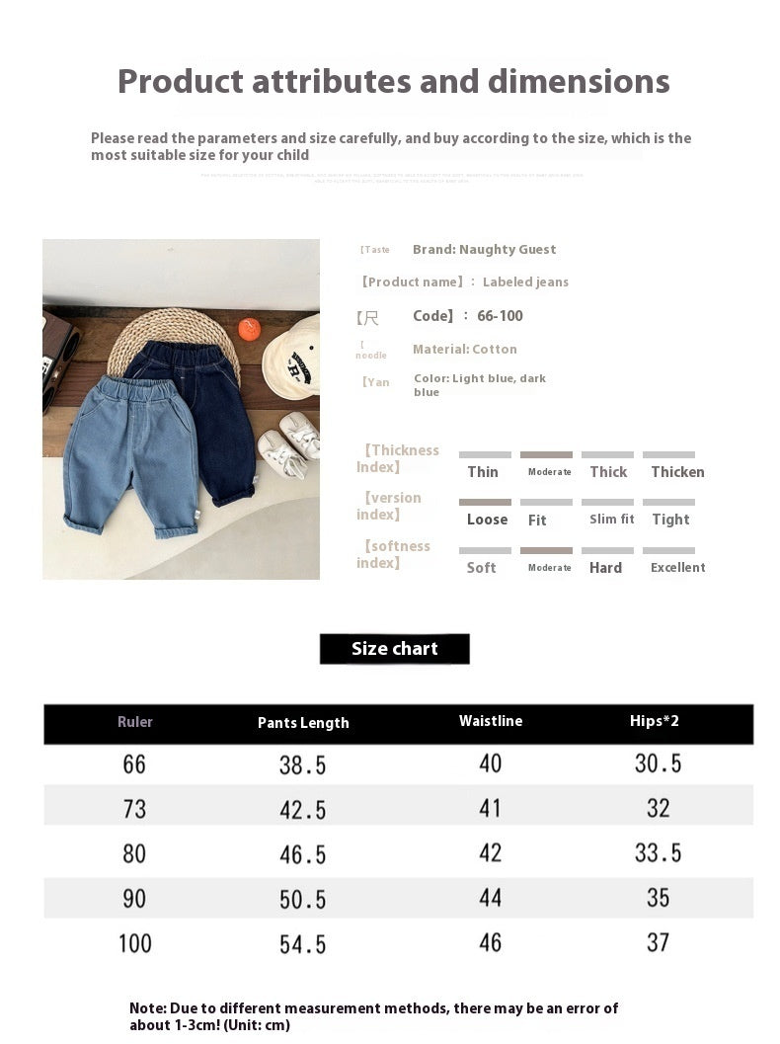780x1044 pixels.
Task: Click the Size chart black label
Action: click(x=394, y=649)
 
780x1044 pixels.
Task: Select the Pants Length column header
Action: click(x=303, y=723)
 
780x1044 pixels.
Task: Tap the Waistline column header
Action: click(x=491, y=721)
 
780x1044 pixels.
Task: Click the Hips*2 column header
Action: click(x=655, y=721)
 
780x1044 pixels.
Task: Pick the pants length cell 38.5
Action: click(x=302, y=764)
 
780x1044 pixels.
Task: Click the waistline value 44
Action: click(x=491, y=898)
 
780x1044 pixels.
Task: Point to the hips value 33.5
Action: click(x=658, y=852)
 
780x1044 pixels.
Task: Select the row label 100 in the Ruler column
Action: click(x=135, y=943)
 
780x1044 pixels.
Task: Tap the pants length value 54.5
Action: click(x=302, y=944)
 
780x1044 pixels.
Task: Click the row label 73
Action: click(x=134, y=809)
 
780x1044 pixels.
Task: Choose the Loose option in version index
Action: click(x=487, y=520)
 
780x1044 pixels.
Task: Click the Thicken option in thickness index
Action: click(x=677, y=472)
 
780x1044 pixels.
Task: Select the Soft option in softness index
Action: click(x=482, y=568)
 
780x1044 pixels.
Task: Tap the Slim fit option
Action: click(x=612, y=520)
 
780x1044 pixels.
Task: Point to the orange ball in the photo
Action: click(x=249, y=330)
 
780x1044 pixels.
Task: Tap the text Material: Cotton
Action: click(x=465, y=350)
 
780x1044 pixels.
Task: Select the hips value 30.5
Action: click(x=658, y=763)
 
